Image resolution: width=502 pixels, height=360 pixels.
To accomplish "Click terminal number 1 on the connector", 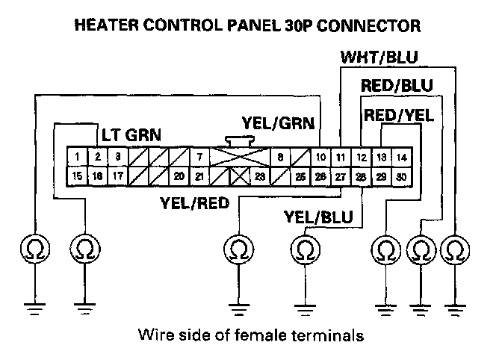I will click(78, 157).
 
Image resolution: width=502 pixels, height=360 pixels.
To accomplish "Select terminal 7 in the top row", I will click(199, 157).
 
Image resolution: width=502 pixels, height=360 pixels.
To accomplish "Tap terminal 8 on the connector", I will click(280, 157).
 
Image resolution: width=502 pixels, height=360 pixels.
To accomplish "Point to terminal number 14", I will click(401, 157).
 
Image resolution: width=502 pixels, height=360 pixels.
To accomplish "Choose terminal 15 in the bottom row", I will click(78, 176).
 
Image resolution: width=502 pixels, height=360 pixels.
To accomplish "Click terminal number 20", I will click(179, 176).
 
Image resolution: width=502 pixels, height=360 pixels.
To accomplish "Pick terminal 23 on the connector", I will click(260, 176).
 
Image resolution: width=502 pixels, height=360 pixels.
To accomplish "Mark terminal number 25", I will click(300, 176).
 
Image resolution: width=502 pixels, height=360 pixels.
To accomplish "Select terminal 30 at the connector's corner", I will click(401, 176).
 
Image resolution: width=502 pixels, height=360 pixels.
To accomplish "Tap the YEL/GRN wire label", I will click(278, 122).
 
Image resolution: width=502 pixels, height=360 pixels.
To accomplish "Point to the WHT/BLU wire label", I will click(379, 58).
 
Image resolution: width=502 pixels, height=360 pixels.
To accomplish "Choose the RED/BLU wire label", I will click(397, 87).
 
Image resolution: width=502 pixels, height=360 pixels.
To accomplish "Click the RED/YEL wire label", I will click(398, 116).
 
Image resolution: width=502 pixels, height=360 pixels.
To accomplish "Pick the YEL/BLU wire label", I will click(320, 217).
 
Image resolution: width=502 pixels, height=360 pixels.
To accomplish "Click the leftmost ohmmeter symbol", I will click(34, 247).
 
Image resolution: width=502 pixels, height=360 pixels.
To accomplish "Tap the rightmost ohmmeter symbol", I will click(455, 247).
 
